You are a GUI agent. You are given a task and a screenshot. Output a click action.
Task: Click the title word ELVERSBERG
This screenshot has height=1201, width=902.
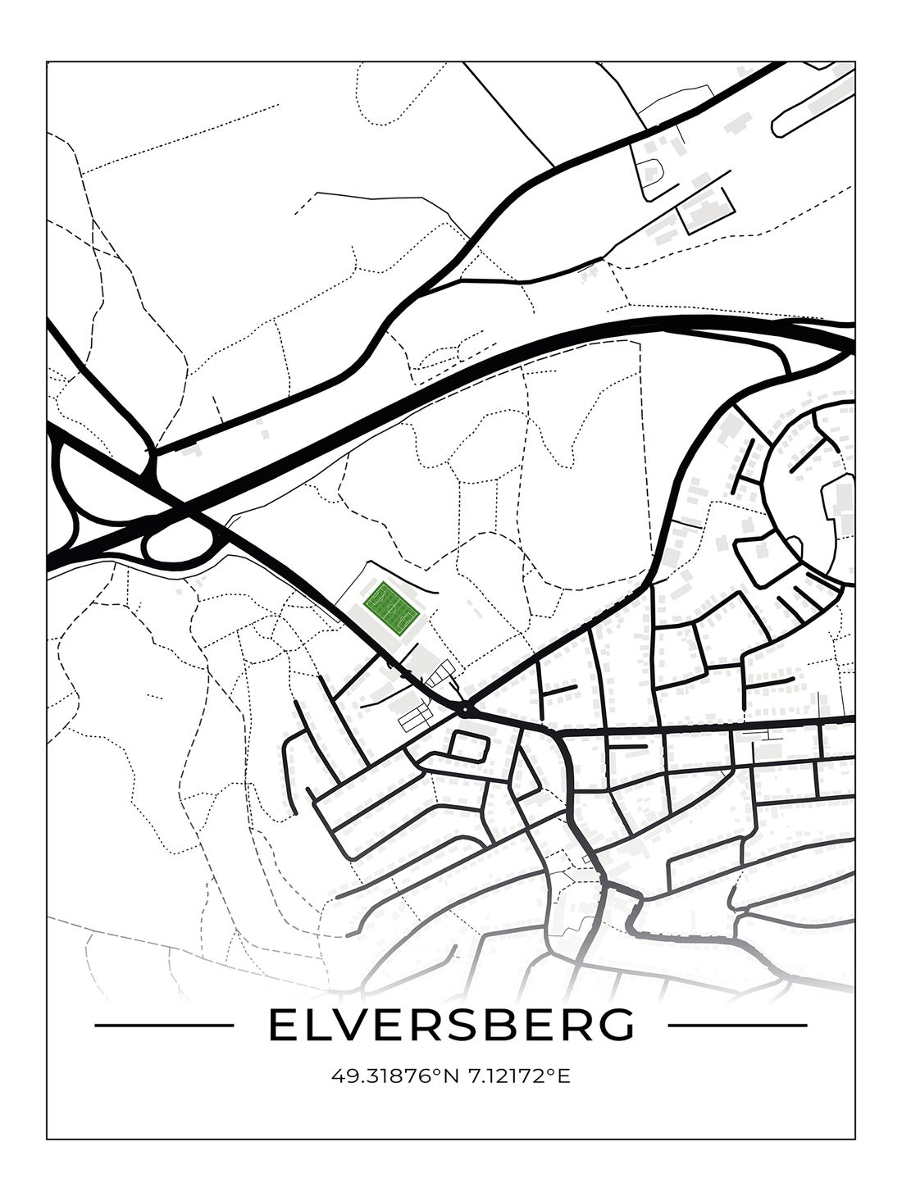point(451,1025)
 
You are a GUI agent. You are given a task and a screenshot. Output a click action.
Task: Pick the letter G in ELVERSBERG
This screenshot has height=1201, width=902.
point(617,1025)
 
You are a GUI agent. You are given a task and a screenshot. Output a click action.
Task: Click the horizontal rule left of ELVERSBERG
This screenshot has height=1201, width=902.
point(165,1025)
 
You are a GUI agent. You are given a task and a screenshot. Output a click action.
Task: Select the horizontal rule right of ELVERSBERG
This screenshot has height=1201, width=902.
point(738,1025)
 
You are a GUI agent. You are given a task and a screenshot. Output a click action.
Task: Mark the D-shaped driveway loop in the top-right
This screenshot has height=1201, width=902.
point(653,173)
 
